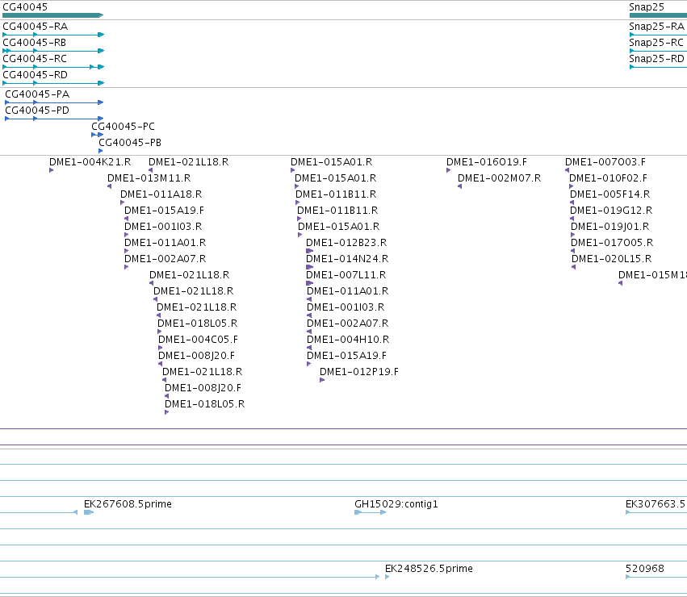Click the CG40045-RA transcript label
(35, 27)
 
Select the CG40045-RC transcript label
(35, 59)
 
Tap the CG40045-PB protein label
(130, 142)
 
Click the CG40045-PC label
(124, 126)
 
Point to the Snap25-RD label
(656, 59)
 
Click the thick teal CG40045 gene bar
(53, 15)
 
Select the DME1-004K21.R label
(90, 162)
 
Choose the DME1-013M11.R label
(149, 178)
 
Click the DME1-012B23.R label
(346, 243)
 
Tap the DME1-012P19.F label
(358, 372)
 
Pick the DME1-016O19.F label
(486, 162)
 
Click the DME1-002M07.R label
(499, 178)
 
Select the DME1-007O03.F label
(605, 162)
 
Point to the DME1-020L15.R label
(611, 259)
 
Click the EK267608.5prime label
(128, 504)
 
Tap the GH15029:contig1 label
(396, 504)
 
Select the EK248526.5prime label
(429, 569)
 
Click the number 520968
(644, 569)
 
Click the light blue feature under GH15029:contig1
(371, 512)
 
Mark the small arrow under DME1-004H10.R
(309, 348)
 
